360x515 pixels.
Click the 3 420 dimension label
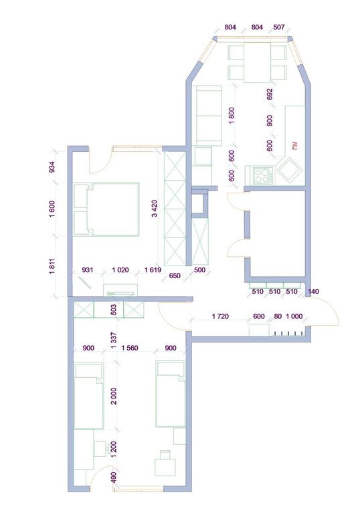155,209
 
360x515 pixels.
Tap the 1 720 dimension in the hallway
220,316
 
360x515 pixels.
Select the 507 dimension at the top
279,27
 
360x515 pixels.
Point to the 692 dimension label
270,94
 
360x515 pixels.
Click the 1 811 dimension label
53,267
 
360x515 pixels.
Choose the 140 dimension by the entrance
314,292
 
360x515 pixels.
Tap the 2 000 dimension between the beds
114,396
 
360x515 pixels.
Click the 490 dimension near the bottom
114,477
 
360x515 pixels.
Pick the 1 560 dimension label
130,348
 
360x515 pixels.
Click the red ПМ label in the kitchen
294,144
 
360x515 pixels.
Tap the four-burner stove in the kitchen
262,175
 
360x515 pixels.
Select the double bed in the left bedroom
106,209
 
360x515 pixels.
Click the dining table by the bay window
257,62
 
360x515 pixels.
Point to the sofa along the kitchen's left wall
207,116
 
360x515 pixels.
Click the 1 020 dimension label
120,270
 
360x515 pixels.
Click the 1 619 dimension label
153,270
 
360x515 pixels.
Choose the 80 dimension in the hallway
278,316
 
